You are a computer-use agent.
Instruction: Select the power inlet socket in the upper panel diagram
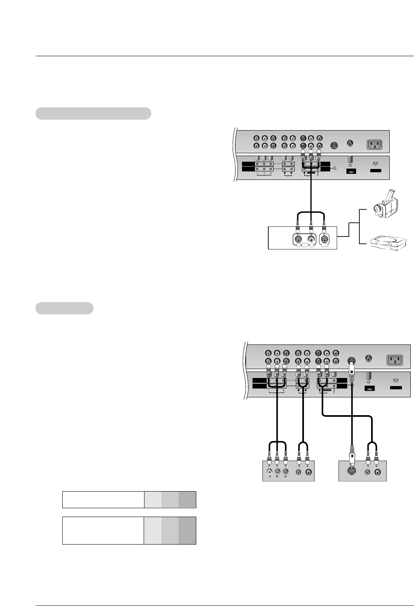tap(374, 145)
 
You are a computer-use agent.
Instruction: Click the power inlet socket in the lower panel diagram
tap(395, 359)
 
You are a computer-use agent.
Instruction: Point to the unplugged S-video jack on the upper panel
tap(334, 145)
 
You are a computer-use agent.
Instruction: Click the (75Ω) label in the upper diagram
tap(350, 171)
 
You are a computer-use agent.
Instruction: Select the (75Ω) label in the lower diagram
tap(369, 389)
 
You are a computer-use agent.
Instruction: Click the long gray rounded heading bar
tap(93, 114)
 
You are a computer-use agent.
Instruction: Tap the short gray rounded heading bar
tap(65, 308)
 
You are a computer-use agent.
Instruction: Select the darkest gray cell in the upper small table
tap(187, 500)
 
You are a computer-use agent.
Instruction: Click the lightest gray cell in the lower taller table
tap(153, 530)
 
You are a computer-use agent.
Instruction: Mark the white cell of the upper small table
tap(103, 500)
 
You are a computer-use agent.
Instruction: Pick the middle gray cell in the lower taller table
tap(170, 530)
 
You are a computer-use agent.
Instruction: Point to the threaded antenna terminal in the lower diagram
tap(368, 376)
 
